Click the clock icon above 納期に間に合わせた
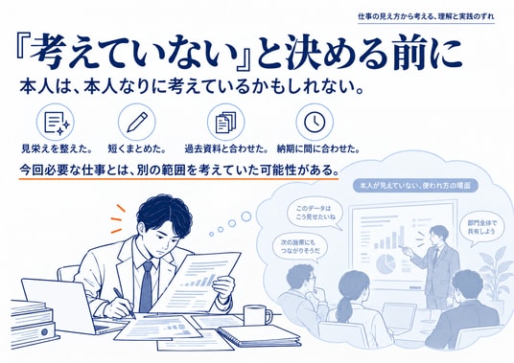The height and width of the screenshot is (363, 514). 315,122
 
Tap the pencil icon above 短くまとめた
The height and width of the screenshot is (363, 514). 137,122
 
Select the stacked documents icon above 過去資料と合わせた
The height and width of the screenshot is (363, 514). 225,122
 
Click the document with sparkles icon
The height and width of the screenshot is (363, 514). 56,122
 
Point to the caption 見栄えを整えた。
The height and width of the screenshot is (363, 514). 57,148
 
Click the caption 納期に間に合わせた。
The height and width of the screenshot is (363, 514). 318,148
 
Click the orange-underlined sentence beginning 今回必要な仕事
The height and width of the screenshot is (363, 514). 178,170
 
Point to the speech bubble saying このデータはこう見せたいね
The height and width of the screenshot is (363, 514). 314,213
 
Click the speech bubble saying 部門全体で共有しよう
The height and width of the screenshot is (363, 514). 481,228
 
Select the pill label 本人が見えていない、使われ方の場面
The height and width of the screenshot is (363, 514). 415,186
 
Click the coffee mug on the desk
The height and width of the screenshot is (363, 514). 258,315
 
